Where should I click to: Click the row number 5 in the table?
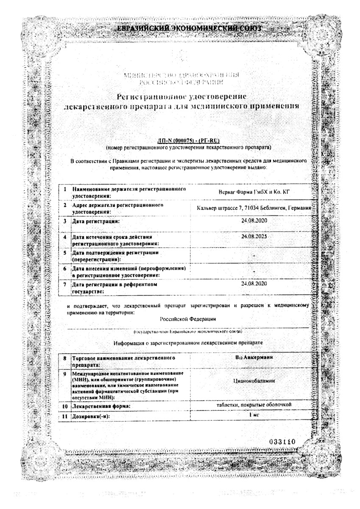pyautogui.click(x=65, y=253)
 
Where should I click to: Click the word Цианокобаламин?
pyautogui.click(x=254, y=381)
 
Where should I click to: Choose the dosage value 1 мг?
pyautogui.click(x=254, y=414)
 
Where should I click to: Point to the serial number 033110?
pyautogui.click(x=282, y=442)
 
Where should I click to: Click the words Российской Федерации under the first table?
pyautogui.click(x=188, y=319)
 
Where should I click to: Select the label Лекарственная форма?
pyautogui.click(x=101, y=406)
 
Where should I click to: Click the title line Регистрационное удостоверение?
pyautogui.click(x=182, y=96)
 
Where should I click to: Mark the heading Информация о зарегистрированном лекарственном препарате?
pyautogui.click(x=188, y=342)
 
